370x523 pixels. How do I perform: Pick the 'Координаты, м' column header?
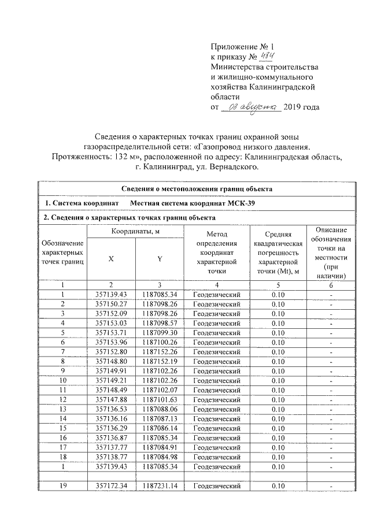point(135,232)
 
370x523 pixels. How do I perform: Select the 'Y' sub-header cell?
point(159,259)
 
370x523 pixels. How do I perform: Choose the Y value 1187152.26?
point(159,351)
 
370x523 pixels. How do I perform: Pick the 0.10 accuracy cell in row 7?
point(279,351)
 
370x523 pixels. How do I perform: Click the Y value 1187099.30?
point(159,332)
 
